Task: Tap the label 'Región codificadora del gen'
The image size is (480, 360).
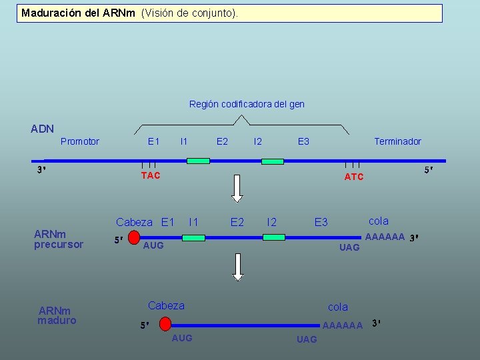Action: tap(247, 104)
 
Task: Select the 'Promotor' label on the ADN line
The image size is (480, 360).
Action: tap(79, 141)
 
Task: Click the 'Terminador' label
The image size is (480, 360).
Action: tap(397, 141)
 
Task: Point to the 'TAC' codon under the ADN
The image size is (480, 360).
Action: tap(151, 175)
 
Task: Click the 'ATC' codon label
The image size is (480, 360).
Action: tap(354, 177)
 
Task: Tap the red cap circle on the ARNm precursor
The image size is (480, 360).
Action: tap(134, 237)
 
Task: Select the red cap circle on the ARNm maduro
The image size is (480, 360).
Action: tap(165, 325)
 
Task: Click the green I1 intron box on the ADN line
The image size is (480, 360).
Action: tap(198, 161)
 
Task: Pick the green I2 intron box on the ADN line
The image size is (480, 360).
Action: tap(272, 161)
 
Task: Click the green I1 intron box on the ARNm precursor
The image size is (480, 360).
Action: tap(193, 237)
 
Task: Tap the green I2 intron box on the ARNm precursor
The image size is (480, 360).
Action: tap(274, 237)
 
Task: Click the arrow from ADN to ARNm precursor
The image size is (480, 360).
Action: tap(237, 189)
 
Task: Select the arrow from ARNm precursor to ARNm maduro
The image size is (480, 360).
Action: tap(238, 267)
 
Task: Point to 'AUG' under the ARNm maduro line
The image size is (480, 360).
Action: tap(182, 338)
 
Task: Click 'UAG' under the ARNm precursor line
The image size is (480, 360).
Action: tap(349, 247)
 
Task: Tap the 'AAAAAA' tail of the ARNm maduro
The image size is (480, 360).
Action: tap(342, 325)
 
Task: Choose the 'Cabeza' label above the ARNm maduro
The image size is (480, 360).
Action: tap(166, 305)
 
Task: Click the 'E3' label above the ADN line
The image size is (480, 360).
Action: tap(303, 141)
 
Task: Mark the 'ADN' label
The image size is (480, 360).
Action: tap(43, 129)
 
